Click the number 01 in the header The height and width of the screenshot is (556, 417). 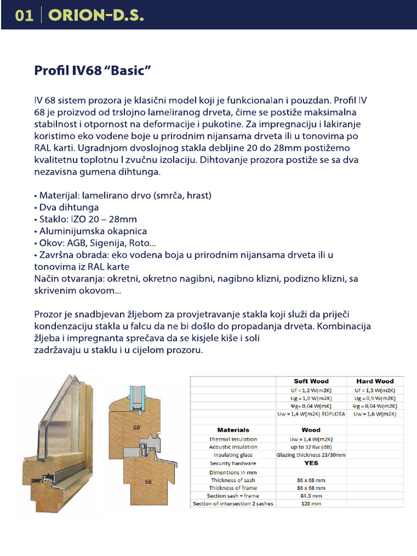(24, 15)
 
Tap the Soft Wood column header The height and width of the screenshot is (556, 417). (311, 381)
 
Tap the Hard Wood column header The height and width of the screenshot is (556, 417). (375, 381)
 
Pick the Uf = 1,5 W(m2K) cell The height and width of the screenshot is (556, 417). (375, 390)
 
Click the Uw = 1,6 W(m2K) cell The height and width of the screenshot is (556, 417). (375, 414)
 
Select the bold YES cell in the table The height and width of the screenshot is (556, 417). (311, 463)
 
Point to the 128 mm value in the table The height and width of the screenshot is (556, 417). (311, 504)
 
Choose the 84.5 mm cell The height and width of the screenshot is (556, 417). (311, 496)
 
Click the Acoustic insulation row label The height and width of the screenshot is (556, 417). (233, 447)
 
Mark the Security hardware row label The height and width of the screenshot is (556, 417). (233, 464)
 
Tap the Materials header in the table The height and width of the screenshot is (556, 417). (233, 430)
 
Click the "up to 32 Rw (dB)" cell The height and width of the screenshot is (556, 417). (311, 447)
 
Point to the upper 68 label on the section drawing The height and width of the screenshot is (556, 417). (137, 427)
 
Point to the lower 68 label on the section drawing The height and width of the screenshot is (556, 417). (148, 481)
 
